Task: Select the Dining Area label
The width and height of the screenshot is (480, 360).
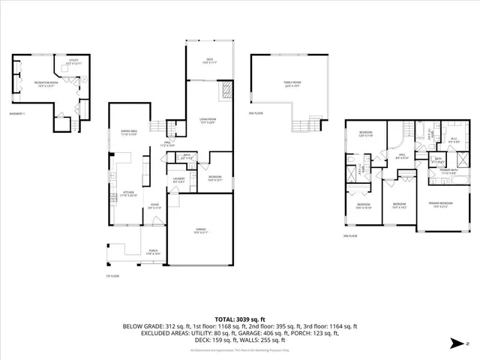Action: point(123,133)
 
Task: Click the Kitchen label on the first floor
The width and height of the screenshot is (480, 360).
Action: point(128,193)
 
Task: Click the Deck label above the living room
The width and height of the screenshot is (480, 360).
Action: point(210,61)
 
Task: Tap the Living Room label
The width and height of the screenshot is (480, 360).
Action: point(207,120)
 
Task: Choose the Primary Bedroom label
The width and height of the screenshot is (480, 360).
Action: point(443,203)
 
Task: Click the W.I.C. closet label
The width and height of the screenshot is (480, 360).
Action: point(454,139)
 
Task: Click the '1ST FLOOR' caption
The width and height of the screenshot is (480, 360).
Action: point(112,275)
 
